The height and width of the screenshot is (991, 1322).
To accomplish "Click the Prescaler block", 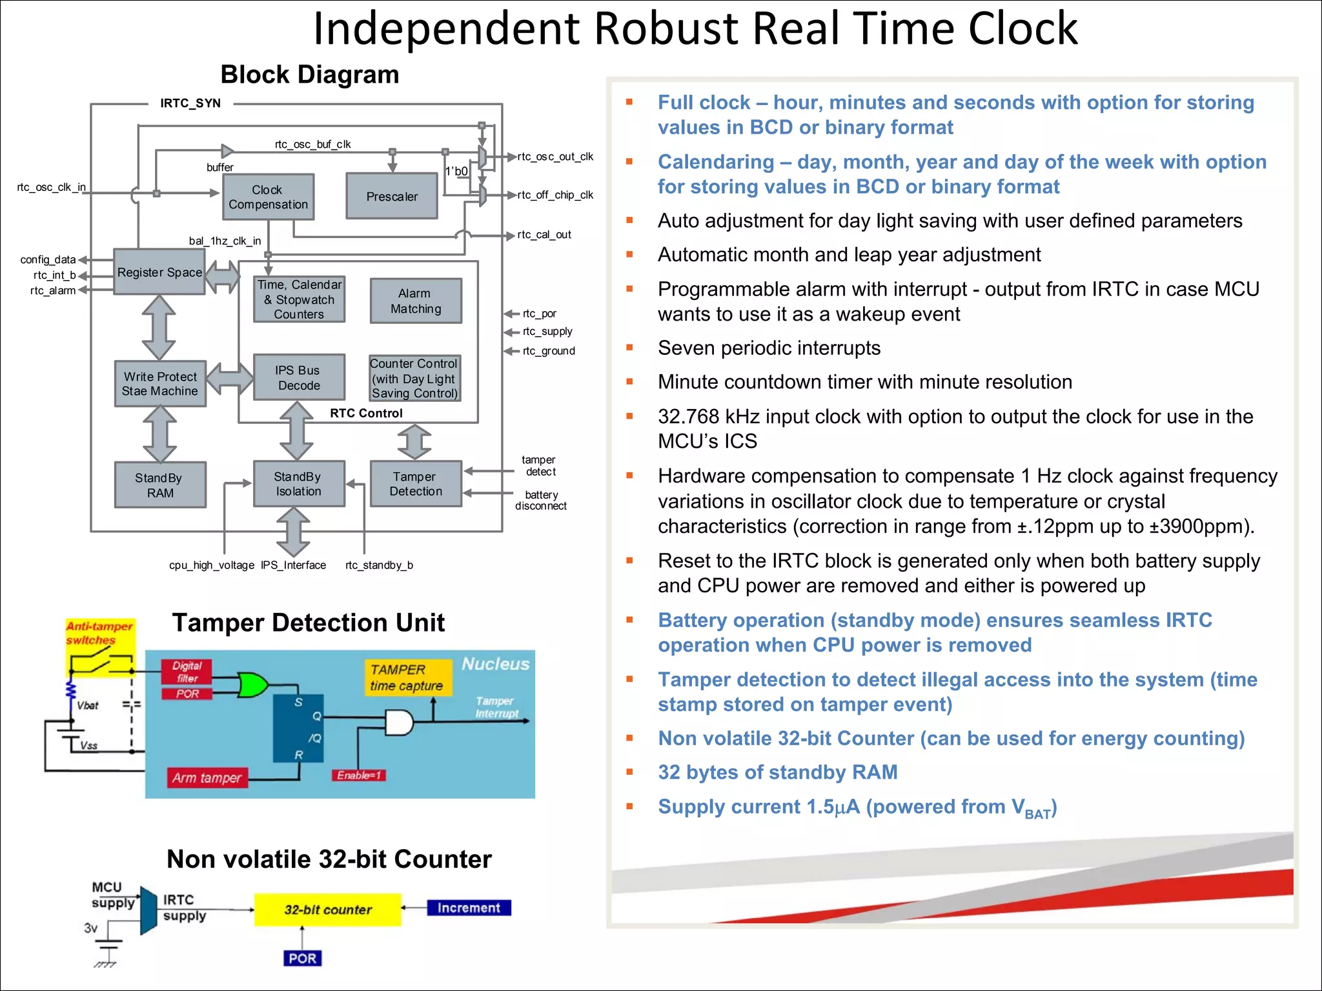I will [x=392, y=196].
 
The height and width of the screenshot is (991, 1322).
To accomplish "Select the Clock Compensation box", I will [x=268, y=197].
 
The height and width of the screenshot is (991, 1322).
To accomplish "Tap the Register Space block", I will [x=159, y=272].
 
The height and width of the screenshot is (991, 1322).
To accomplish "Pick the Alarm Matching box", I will [x=416, y=301].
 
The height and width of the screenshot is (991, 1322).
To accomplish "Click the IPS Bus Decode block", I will [x=299, y=377].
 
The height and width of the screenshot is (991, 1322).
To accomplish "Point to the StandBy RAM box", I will [x=160, y=485].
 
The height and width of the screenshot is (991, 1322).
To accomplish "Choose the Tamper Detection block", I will [x=416, y=484].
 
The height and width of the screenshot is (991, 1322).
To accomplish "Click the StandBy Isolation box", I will [x=298, y=484].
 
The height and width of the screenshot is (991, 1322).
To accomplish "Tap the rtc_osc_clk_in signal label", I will [x=51, y=187].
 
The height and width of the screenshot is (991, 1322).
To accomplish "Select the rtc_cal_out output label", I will [x=544, y=235].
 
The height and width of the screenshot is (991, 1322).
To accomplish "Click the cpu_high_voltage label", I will [x=212, y=565].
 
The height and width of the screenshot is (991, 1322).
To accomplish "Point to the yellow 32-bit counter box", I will [x=328, y=910].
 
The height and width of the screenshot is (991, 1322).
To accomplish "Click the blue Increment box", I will [x=469, y=908].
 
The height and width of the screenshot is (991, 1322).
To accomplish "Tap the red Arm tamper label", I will [x=207, y=778].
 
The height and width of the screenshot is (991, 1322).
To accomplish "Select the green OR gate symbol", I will [x=252, y=685].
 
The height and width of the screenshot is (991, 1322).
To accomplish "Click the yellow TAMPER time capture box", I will [x=407, y=677].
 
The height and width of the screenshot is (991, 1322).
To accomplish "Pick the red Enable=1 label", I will [x=359, y=776].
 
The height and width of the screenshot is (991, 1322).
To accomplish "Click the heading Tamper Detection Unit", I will [x=308, y=623].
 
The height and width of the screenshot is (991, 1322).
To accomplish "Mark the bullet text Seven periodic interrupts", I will [x=769, y=348].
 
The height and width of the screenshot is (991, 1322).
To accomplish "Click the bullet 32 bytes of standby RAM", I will [x=777, y=772].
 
